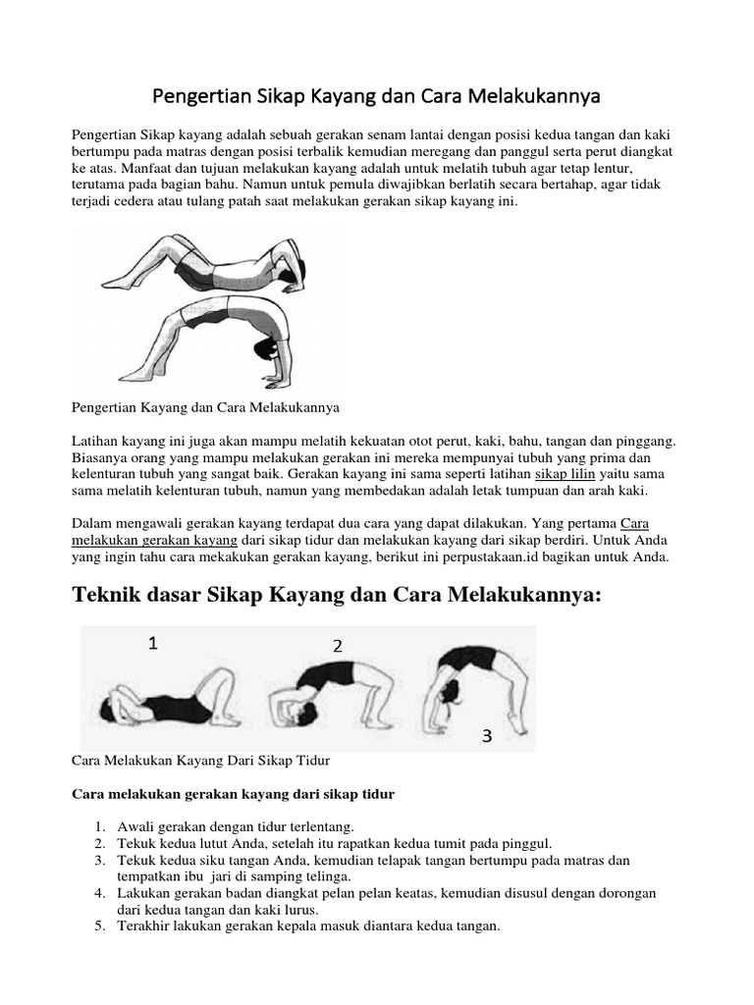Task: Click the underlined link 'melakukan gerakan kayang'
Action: point(154,540)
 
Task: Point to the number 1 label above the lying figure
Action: point(152,644)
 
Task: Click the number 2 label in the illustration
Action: point(337,646)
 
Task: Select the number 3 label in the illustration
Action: point(486,736)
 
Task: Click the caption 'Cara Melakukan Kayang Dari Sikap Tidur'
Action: point(202,760)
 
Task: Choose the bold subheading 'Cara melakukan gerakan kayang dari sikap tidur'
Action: point(234,794)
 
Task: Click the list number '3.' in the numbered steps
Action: point(100,860)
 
